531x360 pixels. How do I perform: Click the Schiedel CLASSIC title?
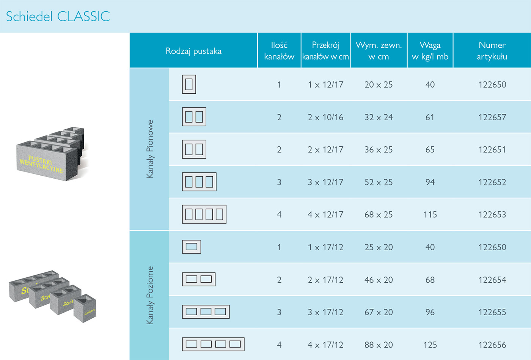tap(58, 16)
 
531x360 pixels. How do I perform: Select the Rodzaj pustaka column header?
tap(193, 51)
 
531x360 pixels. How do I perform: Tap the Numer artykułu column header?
tap(492, 51)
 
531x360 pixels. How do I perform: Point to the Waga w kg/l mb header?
tap(430, 51)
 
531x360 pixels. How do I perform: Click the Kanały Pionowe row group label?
tap(150, 149)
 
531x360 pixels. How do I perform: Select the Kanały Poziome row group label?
tap(150, 295)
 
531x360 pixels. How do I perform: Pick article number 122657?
tap(492, 117)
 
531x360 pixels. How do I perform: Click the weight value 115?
tap(430, 215)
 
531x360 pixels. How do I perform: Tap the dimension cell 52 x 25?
tap(379, 182)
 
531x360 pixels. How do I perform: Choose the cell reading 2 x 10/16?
tap(325, 117)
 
